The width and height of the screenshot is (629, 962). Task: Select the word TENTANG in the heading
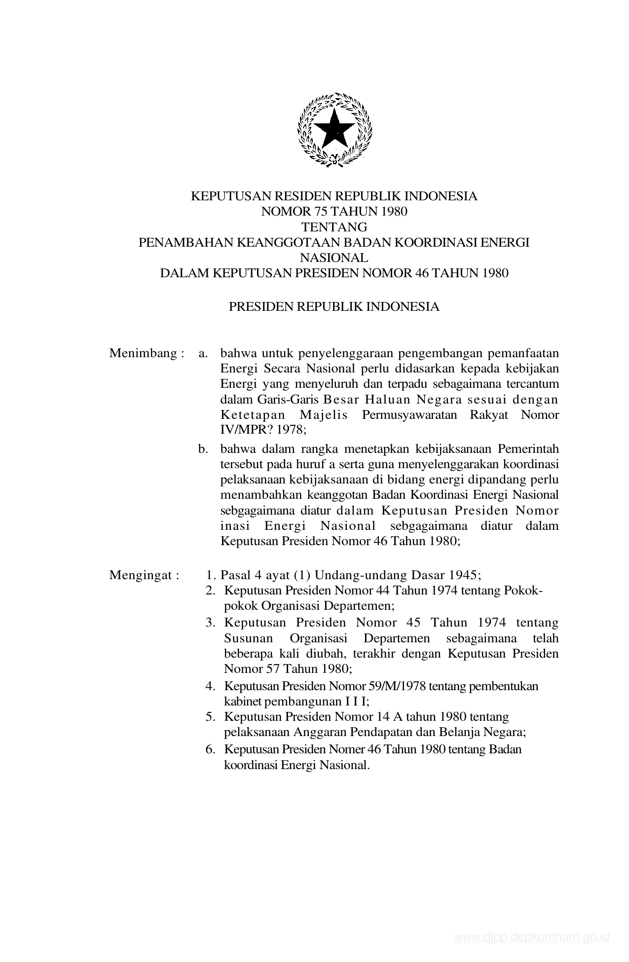tap(334, 227)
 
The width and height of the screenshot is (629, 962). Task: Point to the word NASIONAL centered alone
tap(334, 258)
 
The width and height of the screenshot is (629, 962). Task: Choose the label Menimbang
tap(143, 353)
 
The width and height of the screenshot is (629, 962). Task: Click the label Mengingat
tap(141, 575)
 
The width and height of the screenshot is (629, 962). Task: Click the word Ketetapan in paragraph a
tap(253, 414)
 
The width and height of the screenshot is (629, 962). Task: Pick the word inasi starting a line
tap(233, 525)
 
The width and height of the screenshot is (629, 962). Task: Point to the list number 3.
tap(211, 623)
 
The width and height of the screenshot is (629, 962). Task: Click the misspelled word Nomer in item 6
tap(348, 749)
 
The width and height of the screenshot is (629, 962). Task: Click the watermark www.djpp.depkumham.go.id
tap(532, 937)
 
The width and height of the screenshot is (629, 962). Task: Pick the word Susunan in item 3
tap(248, 638)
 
